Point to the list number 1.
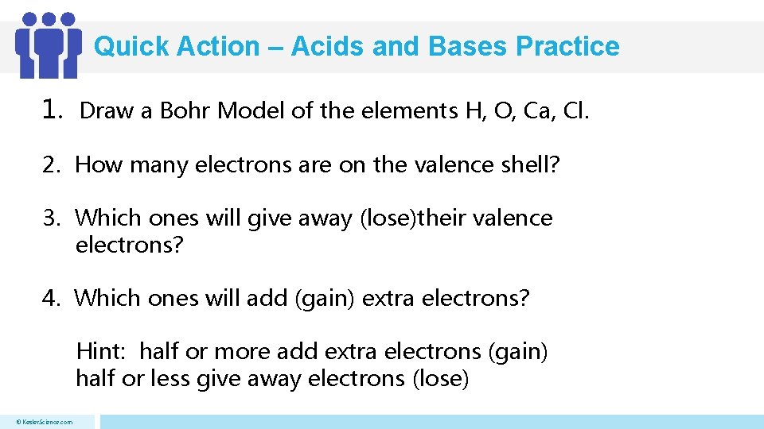coord(53,110)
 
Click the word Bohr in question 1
coord(185,111)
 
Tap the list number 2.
coord(51,165)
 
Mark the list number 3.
coord(51,218)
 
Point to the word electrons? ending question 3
coord(129,245)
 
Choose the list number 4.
coord(51,299)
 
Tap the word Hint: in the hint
coord(104,351)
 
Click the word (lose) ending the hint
coord(441,379)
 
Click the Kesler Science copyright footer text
coord(46,422)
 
